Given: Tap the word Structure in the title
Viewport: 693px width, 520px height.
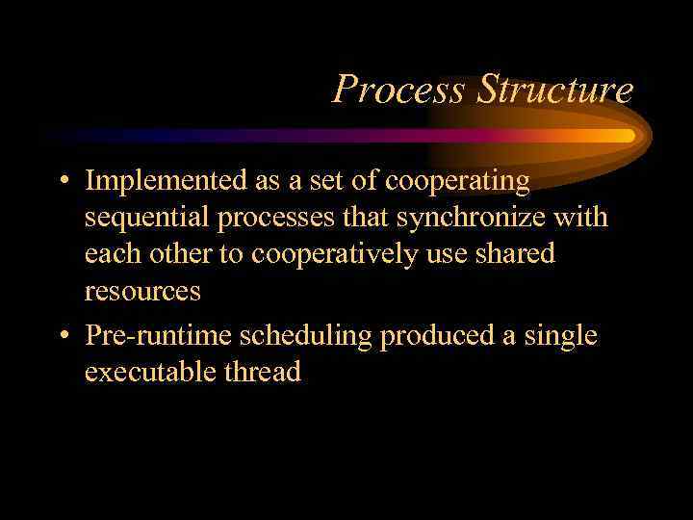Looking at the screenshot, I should point(555,91).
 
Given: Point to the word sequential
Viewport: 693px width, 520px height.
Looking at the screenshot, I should point(147,218).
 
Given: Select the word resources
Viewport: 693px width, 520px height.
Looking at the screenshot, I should point(142,292).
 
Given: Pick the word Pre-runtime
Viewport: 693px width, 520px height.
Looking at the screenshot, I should point(158,336).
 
